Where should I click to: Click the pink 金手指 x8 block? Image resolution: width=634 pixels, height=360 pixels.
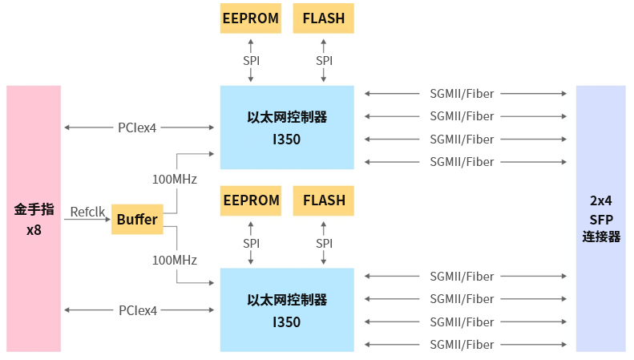(x=34, y=218)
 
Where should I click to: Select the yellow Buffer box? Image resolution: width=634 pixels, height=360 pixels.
(x=137, y=219)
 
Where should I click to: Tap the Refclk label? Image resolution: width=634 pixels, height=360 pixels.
(x=87, y=212)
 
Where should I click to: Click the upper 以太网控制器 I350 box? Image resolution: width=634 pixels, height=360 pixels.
(x=286, y=127)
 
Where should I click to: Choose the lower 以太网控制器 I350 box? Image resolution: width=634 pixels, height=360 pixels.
(x=286, y=310)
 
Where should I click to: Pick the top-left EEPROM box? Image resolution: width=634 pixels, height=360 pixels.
(x=251, y=18)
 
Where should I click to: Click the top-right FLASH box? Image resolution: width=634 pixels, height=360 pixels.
(x=324, y=18)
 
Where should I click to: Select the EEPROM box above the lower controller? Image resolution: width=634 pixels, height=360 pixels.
(x=251, y=200)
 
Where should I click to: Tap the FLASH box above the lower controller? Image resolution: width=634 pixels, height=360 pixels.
(x=324, y=200)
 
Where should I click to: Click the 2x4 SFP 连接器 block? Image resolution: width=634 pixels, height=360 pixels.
(x=601, y=218)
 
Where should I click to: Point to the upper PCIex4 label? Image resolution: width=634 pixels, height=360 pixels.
(x=138, y=127)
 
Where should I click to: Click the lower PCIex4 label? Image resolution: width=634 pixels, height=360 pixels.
(x=138, y=310)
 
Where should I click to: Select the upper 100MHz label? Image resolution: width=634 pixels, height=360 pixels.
(x=175, y=178)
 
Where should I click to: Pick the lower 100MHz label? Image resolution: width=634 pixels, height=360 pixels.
(x=175, y=260)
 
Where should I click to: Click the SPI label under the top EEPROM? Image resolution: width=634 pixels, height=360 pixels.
(x=251, y=60)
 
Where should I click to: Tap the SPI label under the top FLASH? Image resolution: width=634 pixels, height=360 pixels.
(x=324, y=60)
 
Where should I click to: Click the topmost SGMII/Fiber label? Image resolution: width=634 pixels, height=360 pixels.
(x=462, y=93)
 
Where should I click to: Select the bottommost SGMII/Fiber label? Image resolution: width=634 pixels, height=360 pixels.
(x=462, y=345)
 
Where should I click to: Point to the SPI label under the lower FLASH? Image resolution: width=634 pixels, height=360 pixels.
(x=324, y=243)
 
